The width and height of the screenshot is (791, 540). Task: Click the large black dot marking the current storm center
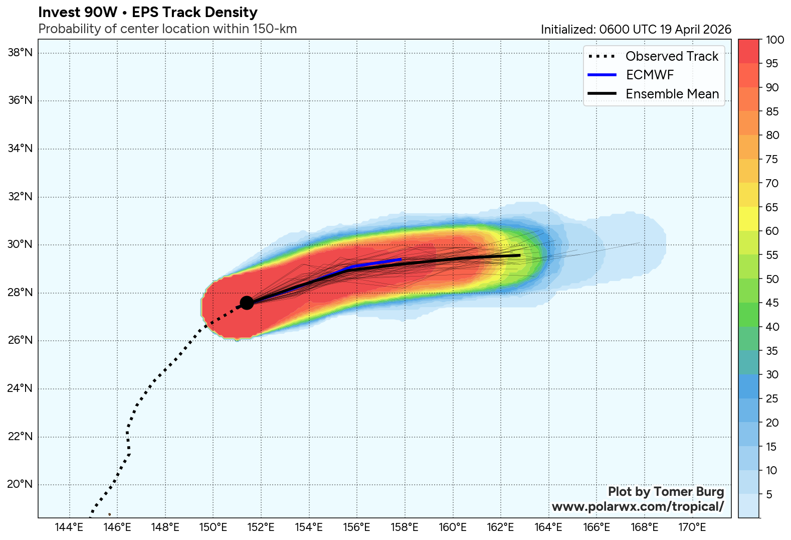(247, 303)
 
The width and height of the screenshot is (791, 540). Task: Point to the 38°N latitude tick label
(20, 53)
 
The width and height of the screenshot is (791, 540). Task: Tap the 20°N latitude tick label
(20, 484)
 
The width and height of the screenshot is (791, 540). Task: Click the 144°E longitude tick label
(69, 527)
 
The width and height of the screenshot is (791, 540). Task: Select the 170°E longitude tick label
(692, 527)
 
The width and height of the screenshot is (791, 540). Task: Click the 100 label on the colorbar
(775, 40)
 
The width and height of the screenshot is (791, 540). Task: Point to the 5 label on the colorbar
(769, 495)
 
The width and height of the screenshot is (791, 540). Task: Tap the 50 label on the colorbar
(772, 279)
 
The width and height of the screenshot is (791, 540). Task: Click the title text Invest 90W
(78, 12)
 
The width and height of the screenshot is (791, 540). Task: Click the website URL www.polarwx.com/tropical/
(638, 506)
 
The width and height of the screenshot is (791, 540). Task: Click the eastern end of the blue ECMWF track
(401, 259)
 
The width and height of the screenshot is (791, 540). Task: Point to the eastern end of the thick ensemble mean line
(519, 255)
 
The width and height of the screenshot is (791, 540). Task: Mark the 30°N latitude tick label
(20, 245)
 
